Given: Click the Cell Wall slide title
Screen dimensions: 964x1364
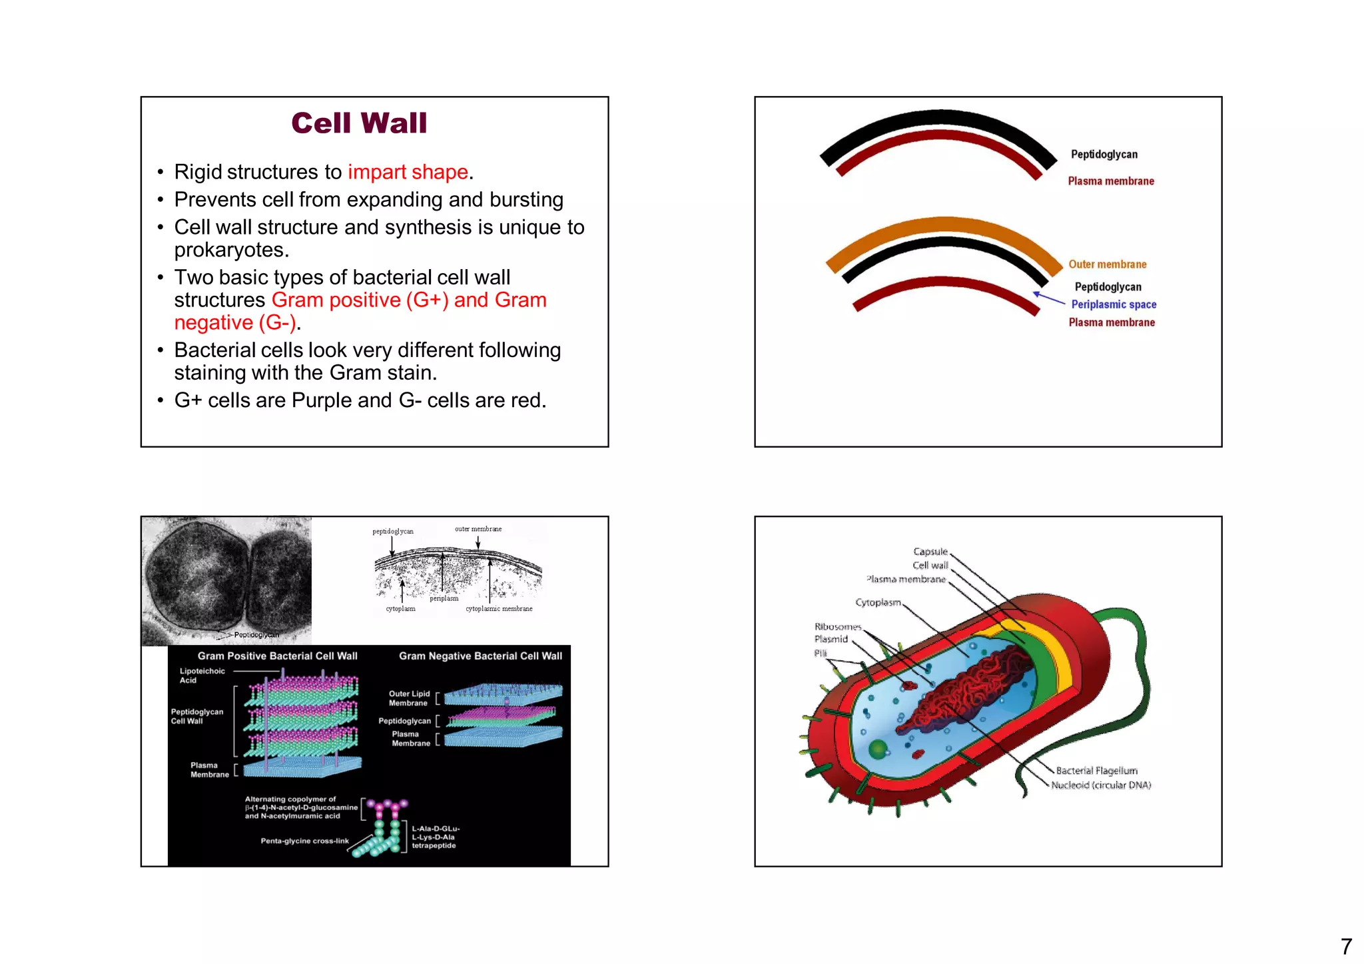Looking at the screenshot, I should click(x=359, y=123).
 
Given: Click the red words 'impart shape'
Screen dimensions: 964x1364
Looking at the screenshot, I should click(x=408, y=172).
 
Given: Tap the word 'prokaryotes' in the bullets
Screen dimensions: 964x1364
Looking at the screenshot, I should click(x=230, y=250).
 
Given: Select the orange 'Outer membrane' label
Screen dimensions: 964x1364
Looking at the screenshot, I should click(x=1107, y=264).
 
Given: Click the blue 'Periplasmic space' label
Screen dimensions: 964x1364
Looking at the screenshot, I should click(x=1114, y=304).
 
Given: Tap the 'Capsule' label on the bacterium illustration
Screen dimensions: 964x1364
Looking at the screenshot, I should click(x=930, y=552).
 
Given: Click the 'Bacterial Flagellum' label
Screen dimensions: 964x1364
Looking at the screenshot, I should click(x=1096, y=771).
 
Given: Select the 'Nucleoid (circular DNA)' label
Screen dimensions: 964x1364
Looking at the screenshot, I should click(x=1100, y=785).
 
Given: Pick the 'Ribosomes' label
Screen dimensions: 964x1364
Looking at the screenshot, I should click(x=838, y=627).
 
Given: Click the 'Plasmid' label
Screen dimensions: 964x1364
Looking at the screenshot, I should click(x=831, y=640).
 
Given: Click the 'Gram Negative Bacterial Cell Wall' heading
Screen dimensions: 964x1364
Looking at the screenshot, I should click(x=480, y=656).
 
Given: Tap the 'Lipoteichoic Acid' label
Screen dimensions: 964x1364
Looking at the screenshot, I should click(x=201, y=676).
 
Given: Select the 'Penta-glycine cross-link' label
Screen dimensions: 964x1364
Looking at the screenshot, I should click(x=304, y=841).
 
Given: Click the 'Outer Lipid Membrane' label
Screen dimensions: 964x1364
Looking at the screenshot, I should click(x=409, y=698).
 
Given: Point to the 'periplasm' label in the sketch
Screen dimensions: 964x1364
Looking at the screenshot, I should click(x=444, y=598).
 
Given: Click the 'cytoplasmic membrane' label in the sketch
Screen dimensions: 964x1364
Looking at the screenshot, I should click(x=499, y=609).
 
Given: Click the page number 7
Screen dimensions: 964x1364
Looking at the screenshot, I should click(x=1346, y=947).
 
